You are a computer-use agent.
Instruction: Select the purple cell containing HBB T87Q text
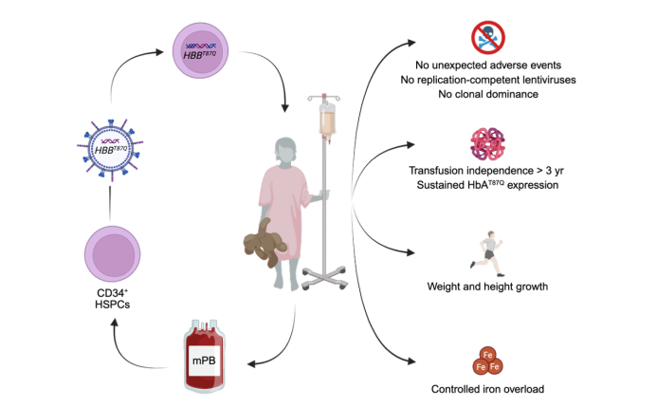(200, 50)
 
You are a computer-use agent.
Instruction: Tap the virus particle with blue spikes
(110, 148)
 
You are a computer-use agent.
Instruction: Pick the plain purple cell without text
(112, 253)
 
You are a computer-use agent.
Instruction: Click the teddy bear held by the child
(266, 243)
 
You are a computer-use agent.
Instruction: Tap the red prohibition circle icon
(487, 38)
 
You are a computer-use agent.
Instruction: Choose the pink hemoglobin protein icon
(487, 144)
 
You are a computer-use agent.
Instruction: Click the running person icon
(487, 253)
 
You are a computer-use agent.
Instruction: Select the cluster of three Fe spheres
(487, 361)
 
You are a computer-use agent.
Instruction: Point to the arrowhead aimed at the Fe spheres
(411, 361)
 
